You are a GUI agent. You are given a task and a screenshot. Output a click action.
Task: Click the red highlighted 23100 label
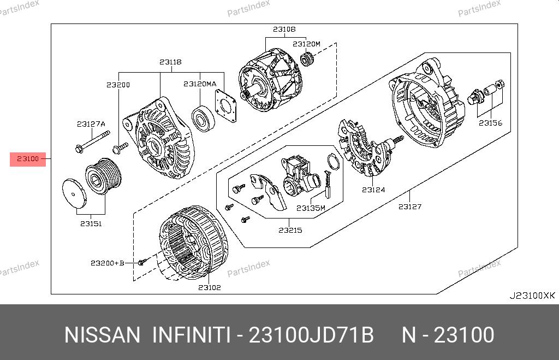point(28,159)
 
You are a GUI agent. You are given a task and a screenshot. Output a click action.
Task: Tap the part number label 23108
point(284,29)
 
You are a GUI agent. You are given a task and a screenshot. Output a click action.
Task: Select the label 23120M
point(306,44)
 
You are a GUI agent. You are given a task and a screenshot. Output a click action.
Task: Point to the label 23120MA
point(200,84)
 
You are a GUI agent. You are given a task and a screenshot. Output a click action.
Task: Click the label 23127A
point(91,124)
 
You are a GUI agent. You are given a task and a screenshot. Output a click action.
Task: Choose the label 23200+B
point(108,263)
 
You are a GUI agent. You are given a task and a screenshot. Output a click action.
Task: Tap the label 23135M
point(311,208)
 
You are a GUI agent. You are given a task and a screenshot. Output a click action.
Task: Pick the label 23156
point(491,123)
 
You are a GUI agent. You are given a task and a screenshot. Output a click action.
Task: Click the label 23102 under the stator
point(210,287)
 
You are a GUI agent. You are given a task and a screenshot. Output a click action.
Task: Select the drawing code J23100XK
point(532,296)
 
